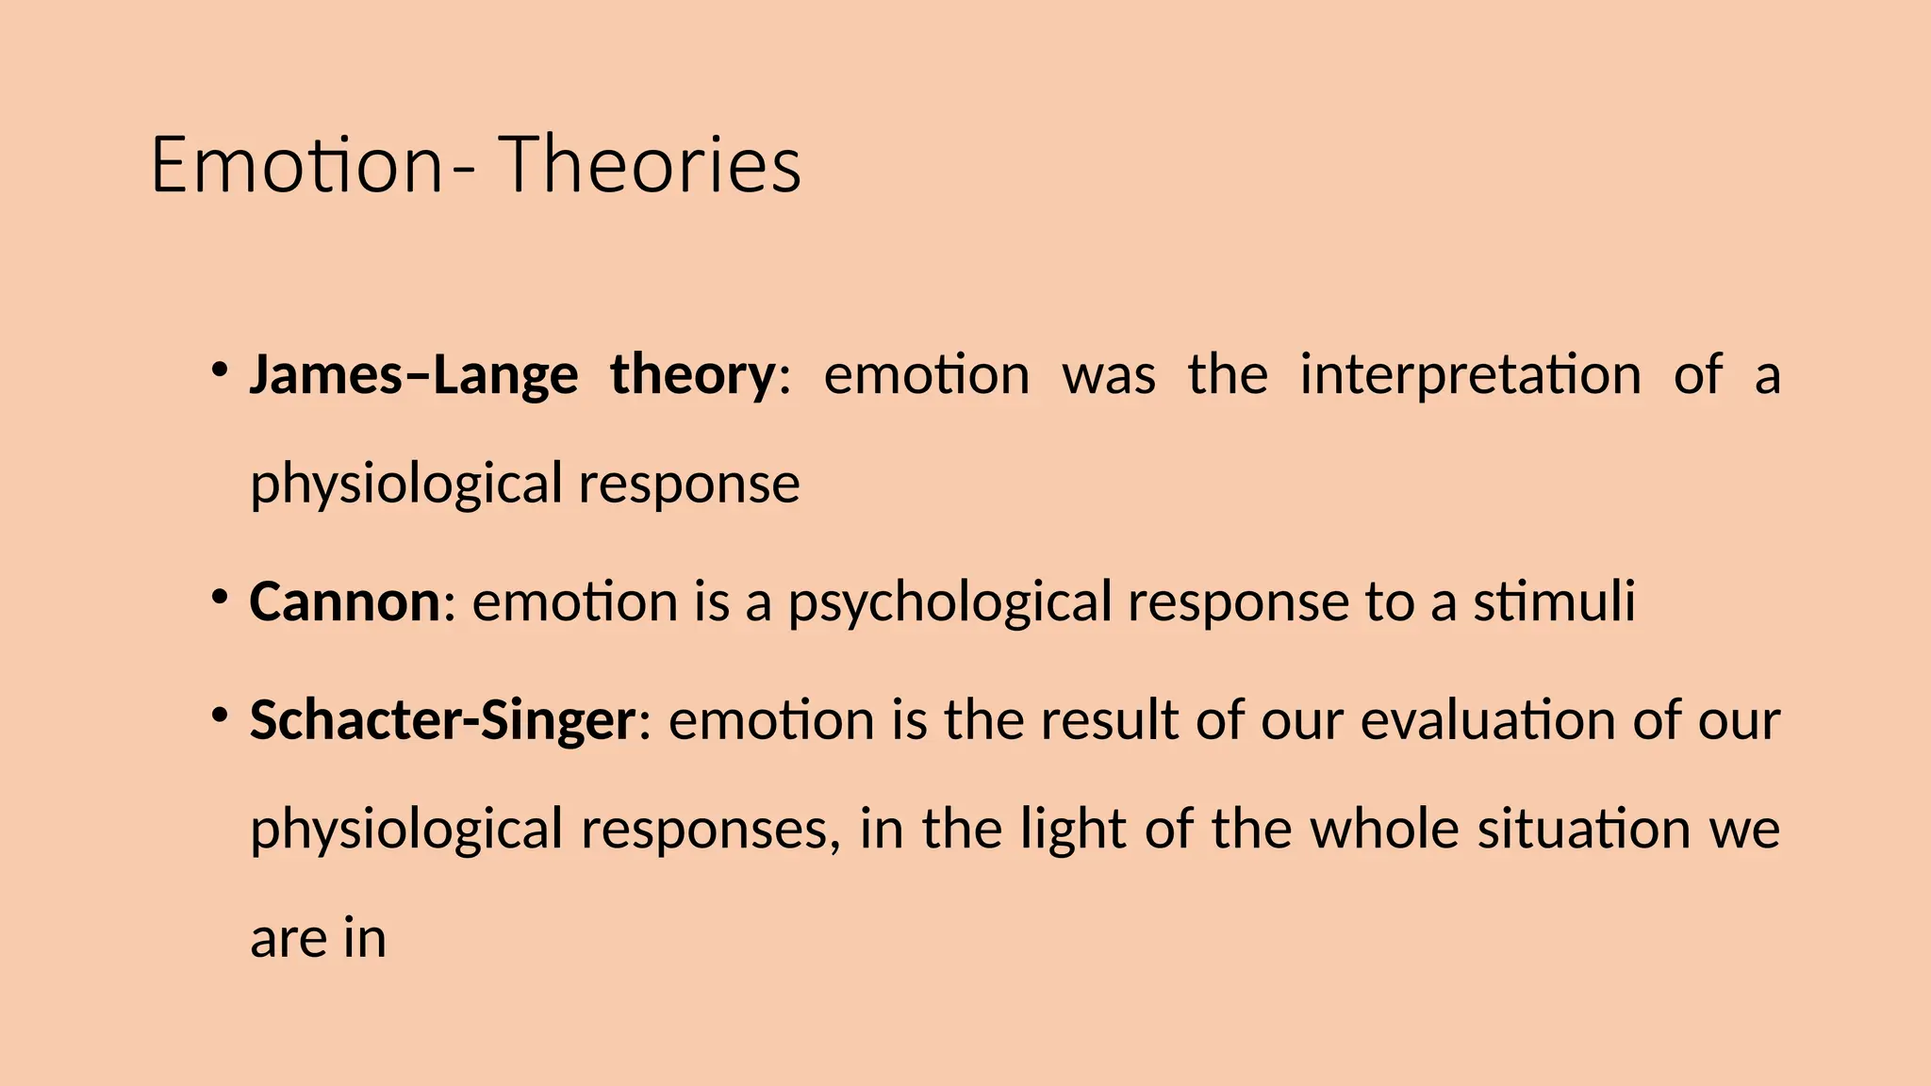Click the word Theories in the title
point(650,165)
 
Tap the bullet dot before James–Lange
point(220,369)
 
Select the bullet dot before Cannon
point(220,596)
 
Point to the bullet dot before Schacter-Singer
point(220,715)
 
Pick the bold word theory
point(692,374)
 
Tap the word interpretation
point(1470,374)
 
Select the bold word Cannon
point(344,601)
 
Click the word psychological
point(949,603)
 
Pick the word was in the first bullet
point(1109,374)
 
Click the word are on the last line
point(287,939)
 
